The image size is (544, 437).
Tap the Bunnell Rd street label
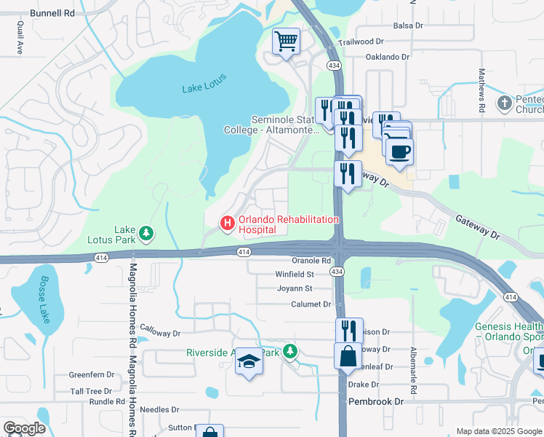[53, 13]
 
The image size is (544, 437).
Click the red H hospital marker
[228, 222]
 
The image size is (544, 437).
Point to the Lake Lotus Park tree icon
[147, 232]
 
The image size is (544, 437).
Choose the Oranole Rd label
[311, 260]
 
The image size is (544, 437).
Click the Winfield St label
[295, 275]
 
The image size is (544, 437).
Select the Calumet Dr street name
[311, 304]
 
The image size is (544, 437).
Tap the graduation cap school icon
[249, 362]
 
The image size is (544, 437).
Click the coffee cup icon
[399, 151]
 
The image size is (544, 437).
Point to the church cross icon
[505, 103]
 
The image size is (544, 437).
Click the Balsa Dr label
[407, 25]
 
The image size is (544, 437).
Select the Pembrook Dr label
[375, 401]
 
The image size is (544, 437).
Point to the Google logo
[25, 428]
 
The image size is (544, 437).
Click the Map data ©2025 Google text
[498, 431]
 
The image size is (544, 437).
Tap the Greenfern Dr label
[92, 374]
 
